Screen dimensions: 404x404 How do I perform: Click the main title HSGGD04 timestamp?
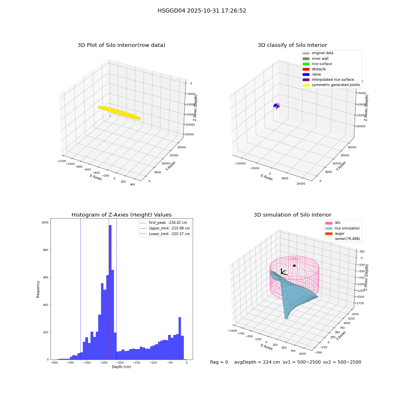tap(202, 11)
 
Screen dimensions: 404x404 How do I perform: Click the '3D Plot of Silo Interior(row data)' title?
tap(121, 45)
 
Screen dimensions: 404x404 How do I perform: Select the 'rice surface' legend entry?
tap(317, 64)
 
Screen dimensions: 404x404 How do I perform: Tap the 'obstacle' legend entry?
tap(314, 69)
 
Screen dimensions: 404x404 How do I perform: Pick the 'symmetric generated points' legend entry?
tap(331, 85)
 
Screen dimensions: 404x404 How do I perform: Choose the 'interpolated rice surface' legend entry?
tap(328, 80)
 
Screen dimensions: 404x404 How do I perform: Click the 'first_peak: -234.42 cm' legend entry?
tap(163, 223)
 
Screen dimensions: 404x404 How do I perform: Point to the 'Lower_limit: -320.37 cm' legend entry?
tap(165, 234)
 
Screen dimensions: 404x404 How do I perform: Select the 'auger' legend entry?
tap(335, 234)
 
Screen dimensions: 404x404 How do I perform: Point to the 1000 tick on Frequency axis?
tap(45, 222)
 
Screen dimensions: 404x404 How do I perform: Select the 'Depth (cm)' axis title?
tap(121, 367)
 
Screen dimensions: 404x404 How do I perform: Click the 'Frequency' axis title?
tap(38, 289)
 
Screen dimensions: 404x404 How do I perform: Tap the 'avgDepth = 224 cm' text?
tap(257, 362)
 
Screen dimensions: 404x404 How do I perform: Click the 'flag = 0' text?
tap(219, 362)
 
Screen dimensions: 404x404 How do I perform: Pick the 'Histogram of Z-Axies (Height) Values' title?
tap(121, 215)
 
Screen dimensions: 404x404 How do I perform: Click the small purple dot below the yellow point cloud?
tap(110, 116)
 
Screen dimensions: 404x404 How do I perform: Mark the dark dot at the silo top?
tap(294, 266)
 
